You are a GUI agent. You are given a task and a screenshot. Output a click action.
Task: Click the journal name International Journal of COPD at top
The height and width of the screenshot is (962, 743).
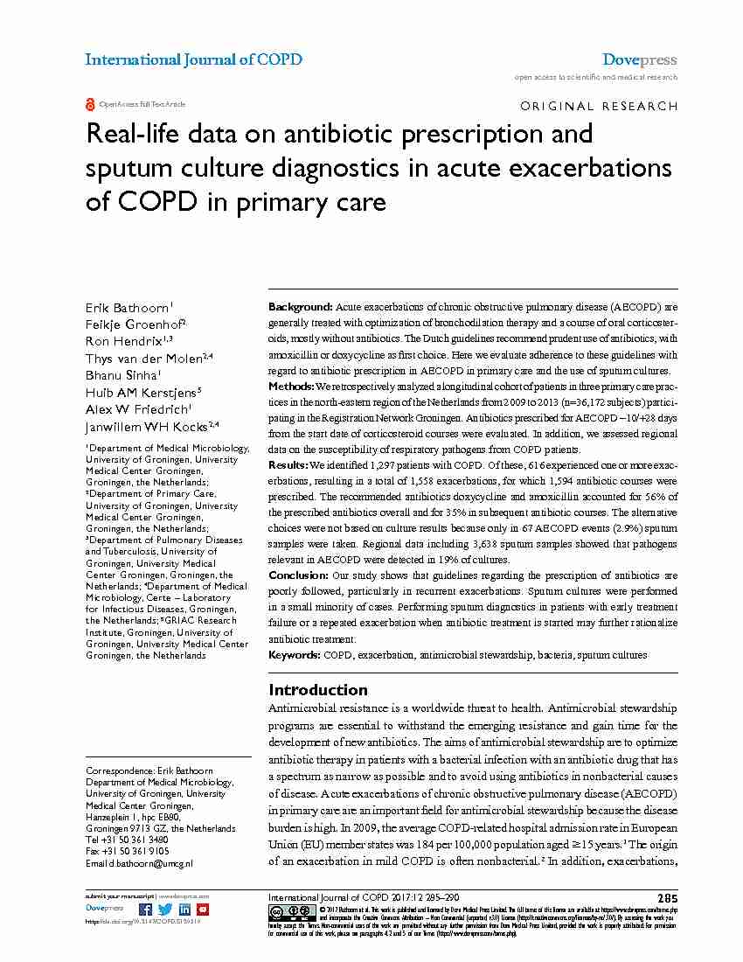193,59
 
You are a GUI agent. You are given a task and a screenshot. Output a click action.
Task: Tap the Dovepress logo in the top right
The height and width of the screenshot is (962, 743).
640,60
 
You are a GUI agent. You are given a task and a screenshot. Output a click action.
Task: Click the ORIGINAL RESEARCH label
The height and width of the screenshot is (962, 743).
598,106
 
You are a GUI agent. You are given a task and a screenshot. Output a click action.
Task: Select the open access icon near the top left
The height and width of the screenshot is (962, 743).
90,104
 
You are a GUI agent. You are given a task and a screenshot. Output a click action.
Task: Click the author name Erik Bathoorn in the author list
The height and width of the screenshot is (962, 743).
128,306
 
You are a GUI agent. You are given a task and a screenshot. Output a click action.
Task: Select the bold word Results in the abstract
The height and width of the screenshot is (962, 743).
288,464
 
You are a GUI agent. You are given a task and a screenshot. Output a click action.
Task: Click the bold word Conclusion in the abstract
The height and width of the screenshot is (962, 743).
298,575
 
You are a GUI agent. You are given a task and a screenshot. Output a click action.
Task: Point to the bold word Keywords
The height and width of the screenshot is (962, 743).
294,654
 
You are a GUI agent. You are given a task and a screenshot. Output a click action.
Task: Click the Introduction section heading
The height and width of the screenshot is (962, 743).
318,689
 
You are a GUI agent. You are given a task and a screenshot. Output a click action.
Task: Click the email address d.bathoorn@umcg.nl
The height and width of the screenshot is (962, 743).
152,863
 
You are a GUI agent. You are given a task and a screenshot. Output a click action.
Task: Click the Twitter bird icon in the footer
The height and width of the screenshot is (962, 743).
165,910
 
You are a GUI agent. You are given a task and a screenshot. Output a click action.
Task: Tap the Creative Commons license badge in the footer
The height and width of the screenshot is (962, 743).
286,911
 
